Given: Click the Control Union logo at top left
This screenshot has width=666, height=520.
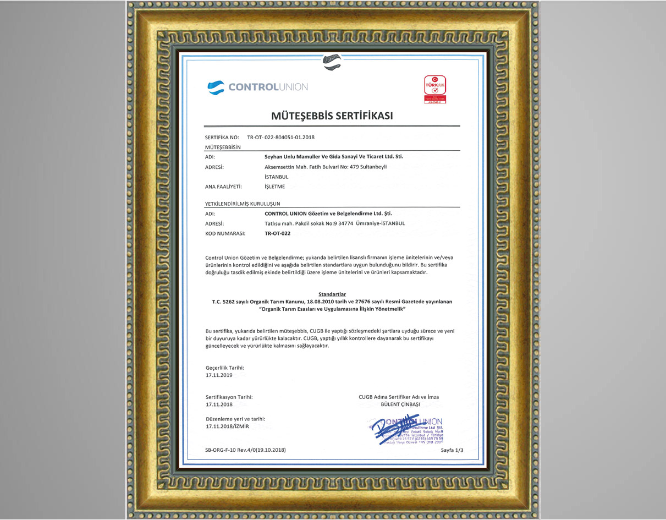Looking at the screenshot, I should coord(257,87).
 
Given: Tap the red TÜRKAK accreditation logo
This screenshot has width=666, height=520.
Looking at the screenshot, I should coord(434,89).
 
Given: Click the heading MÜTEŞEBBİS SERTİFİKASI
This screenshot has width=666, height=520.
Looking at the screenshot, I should coord(332,116).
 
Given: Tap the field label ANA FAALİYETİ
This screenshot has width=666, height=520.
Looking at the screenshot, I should coord(223,187).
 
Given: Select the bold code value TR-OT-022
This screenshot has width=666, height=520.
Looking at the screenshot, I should coord(277,233).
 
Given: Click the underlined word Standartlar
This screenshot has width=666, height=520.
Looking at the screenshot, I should coord(332,294).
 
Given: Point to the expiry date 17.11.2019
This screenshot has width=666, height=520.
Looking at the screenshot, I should coord(219,375).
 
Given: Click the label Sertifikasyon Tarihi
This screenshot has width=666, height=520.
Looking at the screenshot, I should coord(229,397).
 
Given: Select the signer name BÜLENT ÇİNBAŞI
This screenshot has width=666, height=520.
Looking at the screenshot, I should coord(400,404).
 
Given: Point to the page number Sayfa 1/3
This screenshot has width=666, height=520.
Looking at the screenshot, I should coord(452,450).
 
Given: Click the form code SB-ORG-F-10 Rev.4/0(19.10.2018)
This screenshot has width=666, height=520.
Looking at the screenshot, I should coord(245,450).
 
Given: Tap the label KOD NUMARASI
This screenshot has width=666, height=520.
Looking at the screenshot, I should coord(224,233).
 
